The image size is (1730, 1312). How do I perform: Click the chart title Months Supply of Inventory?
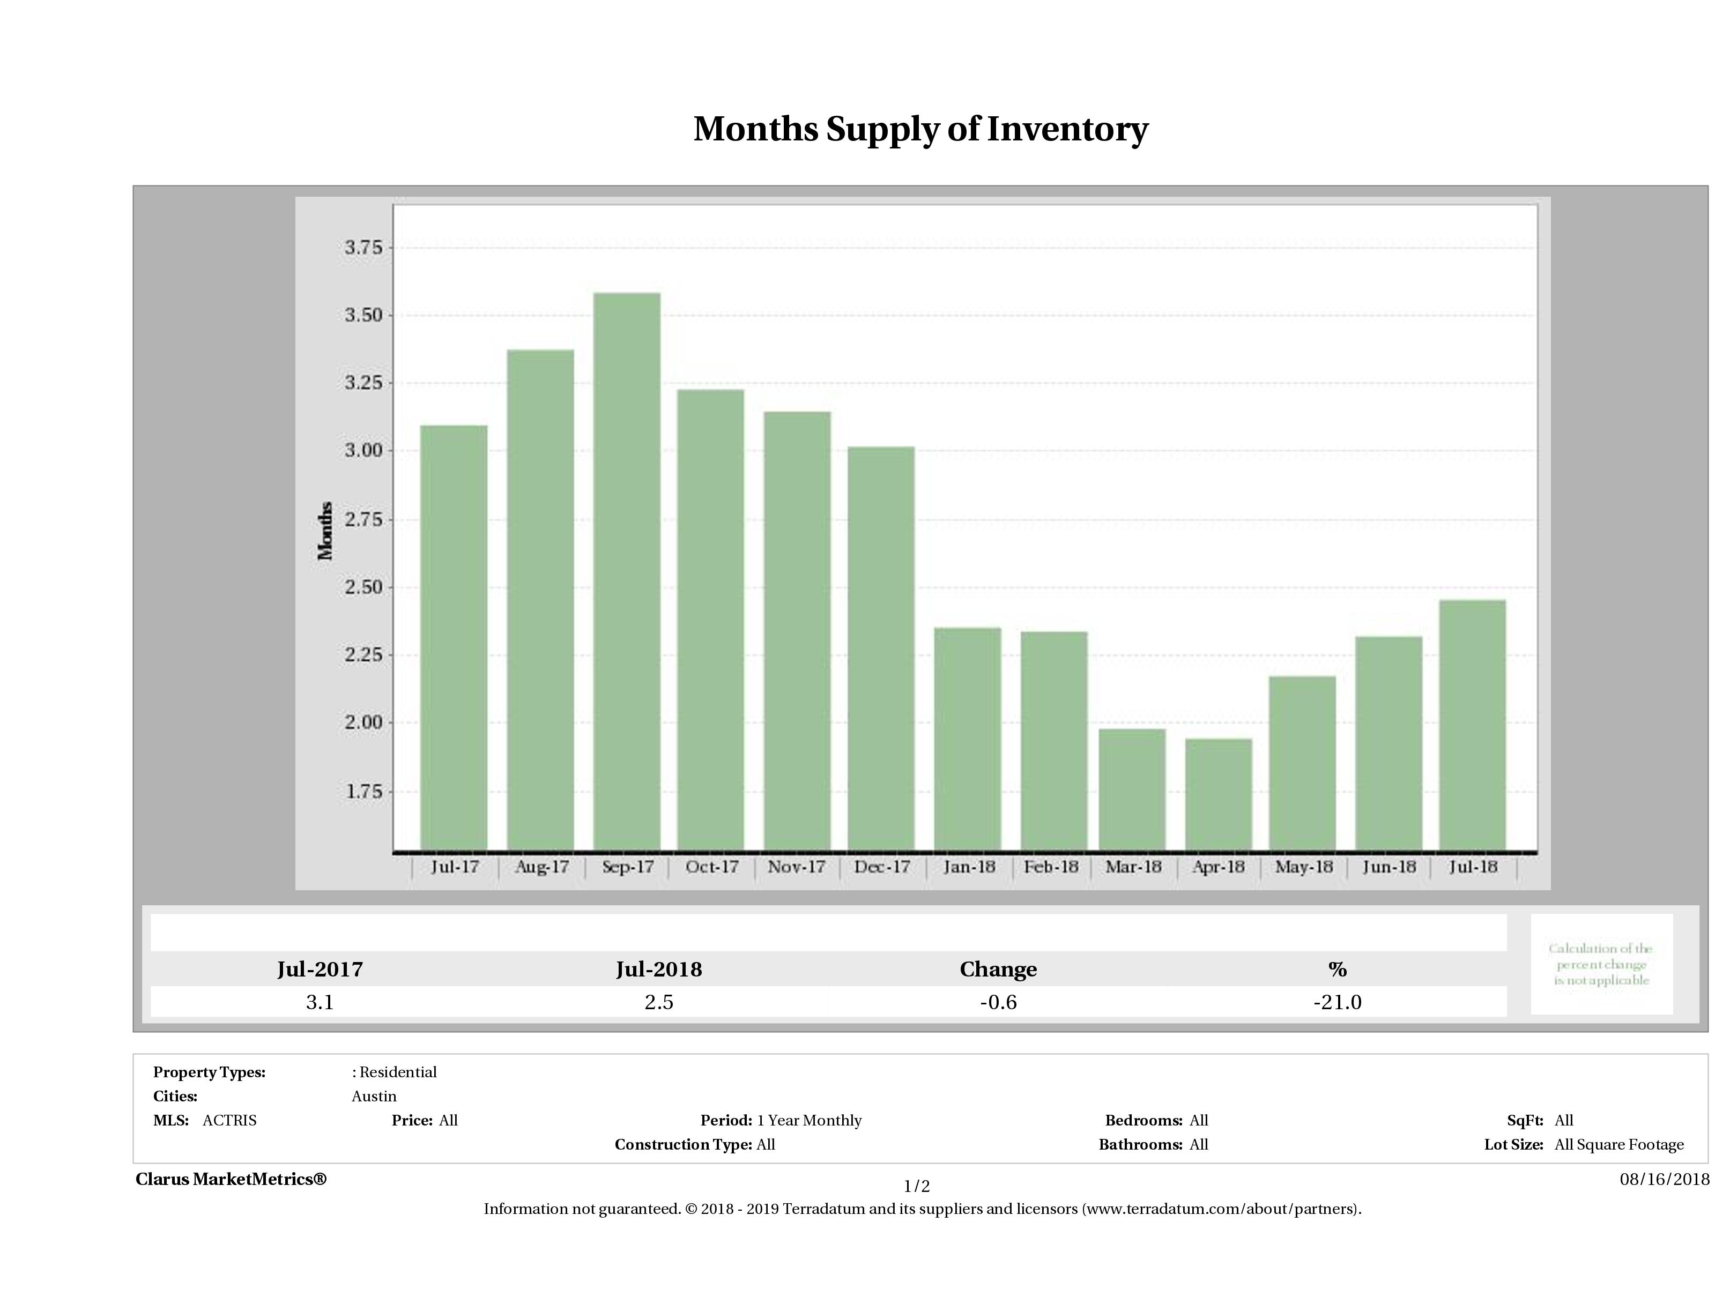[920, 129]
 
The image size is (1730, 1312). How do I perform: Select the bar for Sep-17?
[627, 571]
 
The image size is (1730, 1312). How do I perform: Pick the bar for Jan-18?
[968, 739]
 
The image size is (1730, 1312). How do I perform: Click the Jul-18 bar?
[1472, 725]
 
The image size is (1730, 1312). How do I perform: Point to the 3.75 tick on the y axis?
[363, 248]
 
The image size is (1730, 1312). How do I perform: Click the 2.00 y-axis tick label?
[363, 722]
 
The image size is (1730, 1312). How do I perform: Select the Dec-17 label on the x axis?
[882, 867]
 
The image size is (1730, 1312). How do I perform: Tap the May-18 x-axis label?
[1304, 867]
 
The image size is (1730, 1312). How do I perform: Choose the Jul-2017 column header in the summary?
[320, 970]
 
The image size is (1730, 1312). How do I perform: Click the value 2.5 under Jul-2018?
[658, 1002]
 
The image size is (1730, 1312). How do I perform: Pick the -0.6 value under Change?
[998, 1002]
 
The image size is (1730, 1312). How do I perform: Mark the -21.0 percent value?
[1338, 1002]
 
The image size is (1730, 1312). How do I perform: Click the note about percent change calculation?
[1601, 964]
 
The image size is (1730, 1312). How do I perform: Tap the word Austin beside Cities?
[374, 1096]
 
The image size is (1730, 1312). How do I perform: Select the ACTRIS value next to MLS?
[229, 1121]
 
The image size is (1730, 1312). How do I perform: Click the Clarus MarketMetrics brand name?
[231, 1179]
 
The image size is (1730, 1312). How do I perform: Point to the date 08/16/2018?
[1664, 1179]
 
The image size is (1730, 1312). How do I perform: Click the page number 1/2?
[917, 1186]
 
